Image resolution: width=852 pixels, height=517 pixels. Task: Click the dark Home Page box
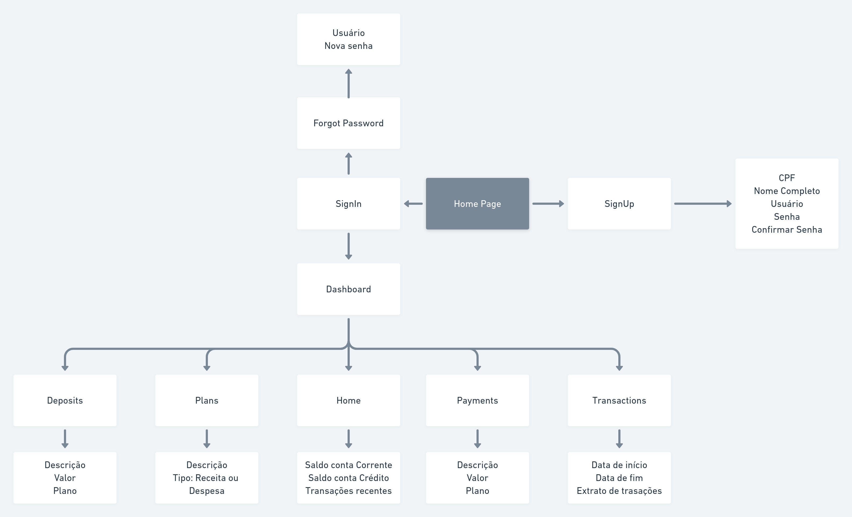pyautogui.click(x=477, y=204)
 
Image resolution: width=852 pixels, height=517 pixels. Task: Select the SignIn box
pyautogui.click(x=348, y=204)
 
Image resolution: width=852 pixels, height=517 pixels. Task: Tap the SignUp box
pyautogui.click(x=619, y=204)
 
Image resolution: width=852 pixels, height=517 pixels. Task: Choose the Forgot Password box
pyautogui.click(x=348, y=123)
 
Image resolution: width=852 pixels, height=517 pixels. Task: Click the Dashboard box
pyautogui.click(x=348, y=289)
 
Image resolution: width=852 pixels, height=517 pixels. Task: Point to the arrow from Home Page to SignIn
pyautogui.click(x=413, y=204)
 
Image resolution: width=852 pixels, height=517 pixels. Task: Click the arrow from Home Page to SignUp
pyautogui.click(x=548, y=204)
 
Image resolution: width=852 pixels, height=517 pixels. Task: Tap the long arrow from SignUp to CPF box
pyautogui.click(x=703, y=204)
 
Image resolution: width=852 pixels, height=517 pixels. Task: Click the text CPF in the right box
pyautogui.click(x=787, y=178)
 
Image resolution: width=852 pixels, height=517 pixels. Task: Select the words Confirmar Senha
pyautogui.click(x=787, y=230)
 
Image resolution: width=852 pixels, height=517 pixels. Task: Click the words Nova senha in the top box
pyautogui.click(x=348, y=46)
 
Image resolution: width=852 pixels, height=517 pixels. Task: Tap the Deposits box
pyautogui.click(x=65, y=400)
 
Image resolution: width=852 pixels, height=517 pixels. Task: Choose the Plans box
pyautogui.click(x=207, y=400)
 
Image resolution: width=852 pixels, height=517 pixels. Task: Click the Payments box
pyautogui.click(x=477, y=400)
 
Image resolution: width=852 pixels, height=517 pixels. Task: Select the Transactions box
pyautogui.click(x=619, y=400)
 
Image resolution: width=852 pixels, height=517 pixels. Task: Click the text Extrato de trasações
pyautogui.click(x=619, y=491)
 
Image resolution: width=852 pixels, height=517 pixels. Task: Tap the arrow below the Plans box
pyautogui.click(x=207, y=439)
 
